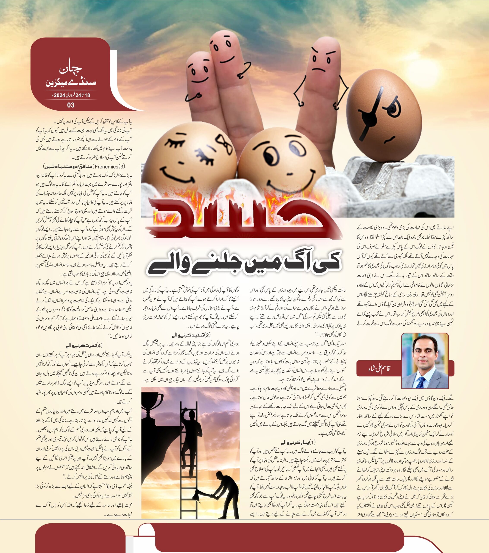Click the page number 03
[71, 105]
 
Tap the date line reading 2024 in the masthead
[71, 95]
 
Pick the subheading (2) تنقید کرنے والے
[191, 335]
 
